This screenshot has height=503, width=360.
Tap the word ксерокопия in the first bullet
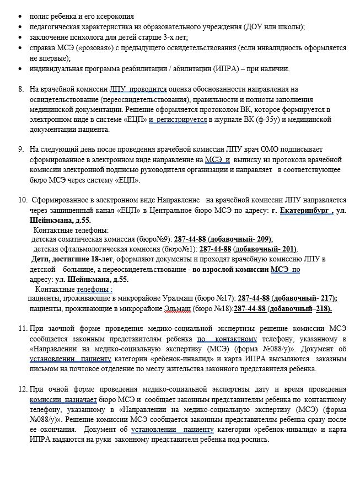coord(116,16)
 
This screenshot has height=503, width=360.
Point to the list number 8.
coord(21,89)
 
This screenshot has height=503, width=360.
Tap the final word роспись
coord(255,440)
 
